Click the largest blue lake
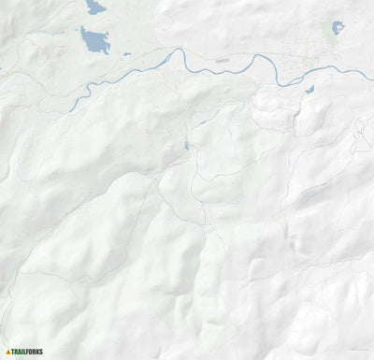pyautogui.click(x=94, y=41)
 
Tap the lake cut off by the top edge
pyautogui.click(x=95, y=7)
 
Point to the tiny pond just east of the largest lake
pyautogui.click(x=127, y=54)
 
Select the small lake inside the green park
pyautogui.click(x=337, y=27)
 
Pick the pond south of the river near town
pyautogui.click(x=309, y=90)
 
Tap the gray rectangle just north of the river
pyautogui.click(x=222, y=61)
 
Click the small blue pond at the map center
pyautogui.click(x=187, y=145)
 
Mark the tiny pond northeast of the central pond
pyautogui.click(x=201, y=122)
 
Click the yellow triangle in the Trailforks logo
pyautogui.click(x=8, y=352)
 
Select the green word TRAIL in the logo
pyautogui.click(x=21, y=352)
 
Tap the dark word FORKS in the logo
pyautogui.click(x=36, y=352)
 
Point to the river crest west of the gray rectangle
pyautogui.click(x=174, y=53)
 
